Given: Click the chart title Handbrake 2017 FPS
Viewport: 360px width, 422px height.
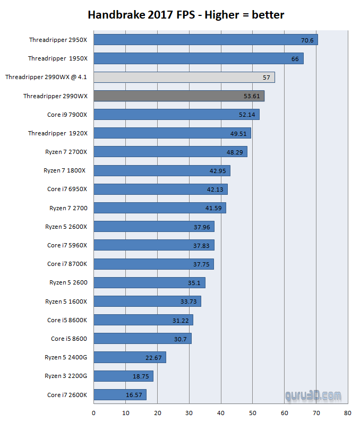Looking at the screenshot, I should (x=185, y=15).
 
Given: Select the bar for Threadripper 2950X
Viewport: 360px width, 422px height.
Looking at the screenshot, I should (x=205, y=40).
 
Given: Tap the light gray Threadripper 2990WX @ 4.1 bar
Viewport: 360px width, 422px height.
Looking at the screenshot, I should (x=184, y=77).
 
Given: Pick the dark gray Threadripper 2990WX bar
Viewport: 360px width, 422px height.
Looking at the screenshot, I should (x=178, y=96).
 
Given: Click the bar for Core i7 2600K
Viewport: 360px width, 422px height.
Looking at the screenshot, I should (x=119, y=394).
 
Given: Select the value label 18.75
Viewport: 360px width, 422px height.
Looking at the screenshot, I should (x=141, y=376).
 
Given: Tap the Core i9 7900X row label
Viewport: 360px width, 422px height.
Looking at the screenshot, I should (x=67, y=115).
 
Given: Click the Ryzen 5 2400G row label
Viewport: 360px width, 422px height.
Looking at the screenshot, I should (x=66, y=357).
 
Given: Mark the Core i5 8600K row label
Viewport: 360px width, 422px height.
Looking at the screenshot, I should (x=67, y=320).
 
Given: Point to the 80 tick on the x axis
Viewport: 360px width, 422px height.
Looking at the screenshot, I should (x=347, y=412).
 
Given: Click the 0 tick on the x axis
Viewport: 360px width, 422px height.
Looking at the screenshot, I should (x=94, y=412).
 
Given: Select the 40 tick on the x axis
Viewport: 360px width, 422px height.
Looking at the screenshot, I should (x=220, y=412).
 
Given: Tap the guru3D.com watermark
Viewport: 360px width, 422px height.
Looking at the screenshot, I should (x=312, y=396).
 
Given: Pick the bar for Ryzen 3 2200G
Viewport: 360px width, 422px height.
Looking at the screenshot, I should (x=123, y=376).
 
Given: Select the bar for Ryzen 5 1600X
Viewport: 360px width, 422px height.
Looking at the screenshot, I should (x=147, y=302).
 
